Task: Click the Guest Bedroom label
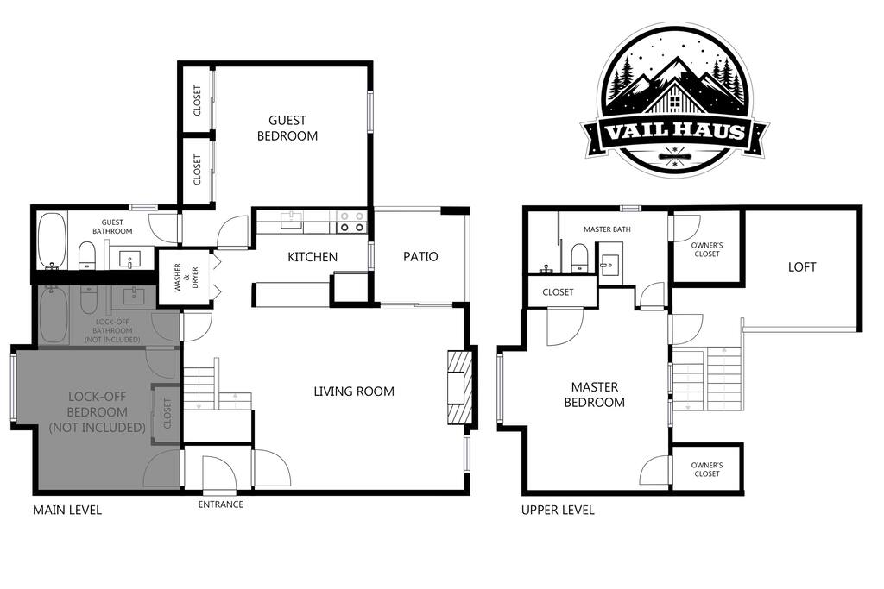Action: point(287,128)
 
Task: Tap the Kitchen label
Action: point(313,257)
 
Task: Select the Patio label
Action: point(420,256)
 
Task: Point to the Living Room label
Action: point(354,392)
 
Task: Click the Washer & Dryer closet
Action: point(186,277)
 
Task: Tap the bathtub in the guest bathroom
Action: point(52,241)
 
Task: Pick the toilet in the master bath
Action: point(580,258)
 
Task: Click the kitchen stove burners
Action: point(352,222)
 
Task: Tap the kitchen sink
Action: point(292,220)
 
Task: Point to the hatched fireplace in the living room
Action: point(459,389)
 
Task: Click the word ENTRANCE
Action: point(221,504)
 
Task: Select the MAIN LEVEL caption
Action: point(67,511)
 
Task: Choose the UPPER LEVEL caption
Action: point(558,511)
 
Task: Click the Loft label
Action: point(802,267)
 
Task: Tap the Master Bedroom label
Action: point(595,394)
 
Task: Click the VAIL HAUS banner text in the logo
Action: point(675,131)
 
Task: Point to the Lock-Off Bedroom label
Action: point(97,411)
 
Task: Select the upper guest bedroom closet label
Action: point(197,100)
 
